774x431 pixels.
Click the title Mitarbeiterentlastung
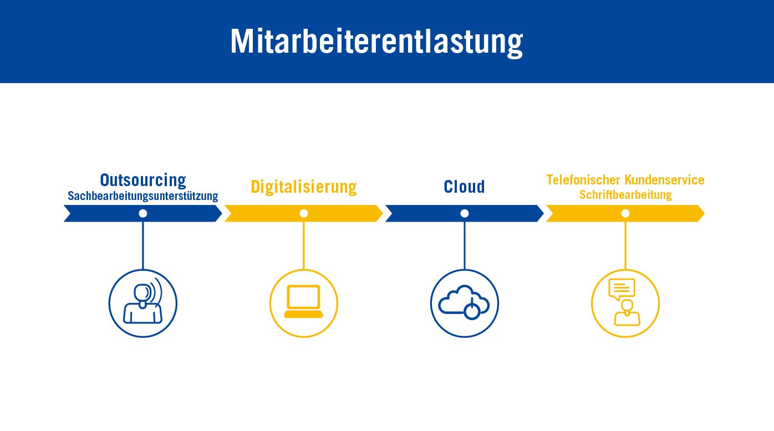376,42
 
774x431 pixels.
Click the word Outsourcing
143,180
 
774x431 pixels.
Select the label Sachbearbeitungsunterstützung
142,196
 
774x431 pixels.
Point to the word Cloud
465,187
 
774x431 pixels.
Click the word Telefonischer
583,180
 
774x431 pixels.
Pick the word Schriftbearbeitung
625,195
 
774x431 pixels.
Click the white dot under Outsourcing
142,213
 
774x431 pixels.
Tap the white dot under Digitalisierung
304,213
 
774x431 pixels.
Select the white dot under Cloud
465,213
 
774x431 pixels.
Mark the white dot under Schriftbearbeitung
625,213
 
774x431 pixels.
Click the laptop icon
303,301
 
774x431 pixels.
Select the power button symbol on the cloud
472,310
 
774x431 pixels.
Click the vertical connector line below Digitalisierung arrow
304,245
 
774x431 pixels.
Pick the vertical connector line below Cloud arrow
465,245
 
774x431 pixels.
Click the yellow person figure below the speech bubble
627,313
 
